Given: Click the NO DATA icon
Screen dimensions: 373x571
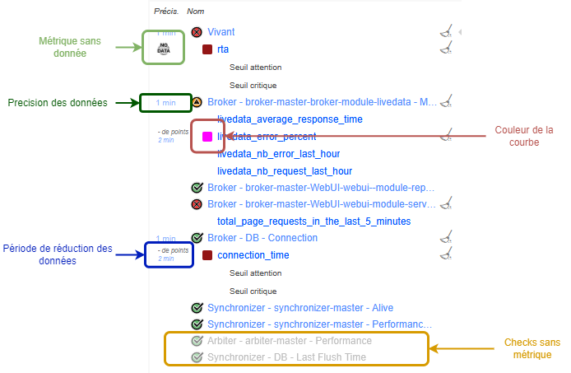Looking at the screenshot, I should pos(163,49).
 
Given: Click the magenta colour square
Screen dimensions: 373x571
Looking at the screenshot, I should pos(207,136).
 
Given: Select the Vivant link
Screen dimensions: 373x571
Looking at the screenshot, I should pos(221,32).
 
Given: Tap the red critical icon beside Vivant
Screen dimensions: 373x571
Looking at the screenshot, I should pos(197,32).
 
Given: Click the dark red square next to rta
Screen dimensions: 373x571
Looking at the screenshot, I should pos(207,49).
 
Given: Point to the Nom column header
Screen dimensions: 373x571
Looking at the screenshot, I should pos(196,12).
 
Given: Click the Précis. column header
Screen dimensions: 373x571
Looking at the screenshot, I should pos(166,12).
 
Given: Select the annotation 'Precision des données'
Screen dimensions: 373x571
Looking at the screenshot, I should pos(58,103).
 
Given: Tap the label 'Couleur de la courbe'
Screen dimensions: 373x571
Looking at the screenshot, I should pos(524,136).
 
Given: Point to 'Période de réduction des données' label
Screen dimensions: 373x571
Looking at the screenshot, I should pos(58,254).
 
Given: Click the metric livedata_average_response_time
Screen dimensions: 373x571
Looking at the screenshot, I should pos(290,119).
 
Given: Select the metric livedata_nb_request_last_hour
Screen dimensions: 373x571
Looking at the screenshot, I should pos(285,171).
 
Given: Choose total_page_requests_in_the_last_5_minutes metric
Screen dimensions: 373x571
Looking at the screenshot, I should pos(313,221).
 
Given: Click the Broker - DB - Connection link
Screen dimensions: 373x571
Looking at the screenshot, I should pos(262,238).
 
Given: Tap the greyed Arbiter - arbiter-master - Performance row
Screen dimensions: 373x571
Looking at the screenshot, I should pos(289,340).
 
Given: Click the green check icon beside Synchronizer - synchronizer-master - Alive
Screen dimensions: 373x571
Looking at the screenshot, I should pos(197,308).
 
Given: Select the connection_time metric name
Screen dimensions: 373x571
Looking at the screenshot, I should pos(253,255).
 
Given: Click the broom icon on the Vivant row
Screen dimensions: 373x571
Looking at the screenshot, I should pos(446,32).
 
